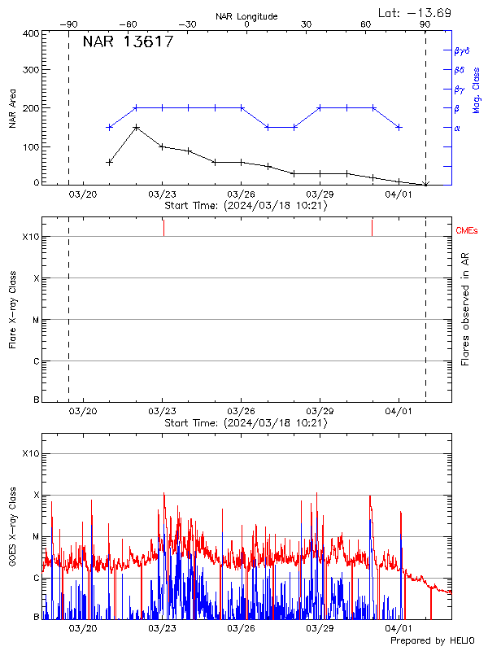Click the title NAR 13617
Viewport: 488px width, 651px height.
128,42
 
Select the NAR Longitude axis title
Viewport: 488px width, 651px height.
246,15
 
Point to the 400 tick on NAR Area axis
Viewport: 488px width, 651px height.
31,33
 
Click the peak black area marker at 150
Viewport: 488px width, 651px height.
136,128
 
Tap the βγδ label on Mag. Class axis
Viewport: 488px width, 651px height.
462,50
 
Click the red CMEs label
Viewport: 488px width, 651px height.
467,232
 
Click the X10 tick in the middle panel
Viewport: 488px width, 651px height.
31,237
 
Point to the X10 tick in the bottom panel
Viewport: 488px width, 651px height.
31,453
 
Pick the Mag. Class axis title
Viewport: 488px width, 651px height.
476,90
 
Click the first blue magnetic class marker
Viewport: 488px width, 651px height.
110,127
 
